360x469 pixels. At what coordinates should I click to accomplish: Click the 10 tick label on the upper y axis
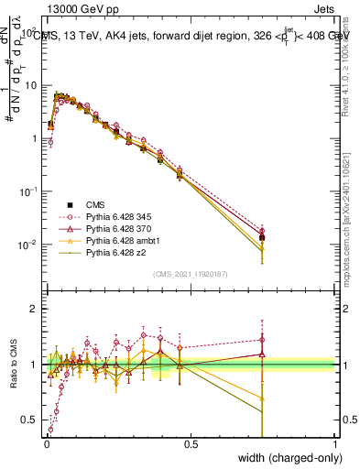(34, 85)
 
